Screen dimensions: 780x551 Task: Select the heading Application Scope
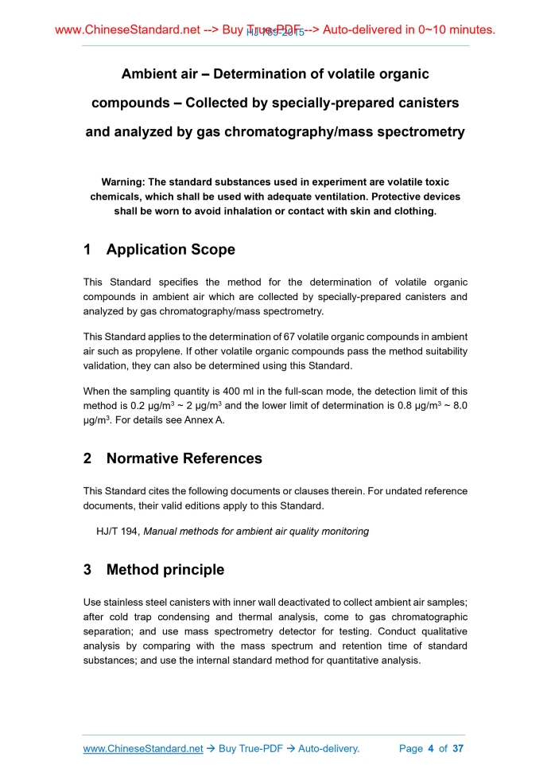click(x=170, y=249)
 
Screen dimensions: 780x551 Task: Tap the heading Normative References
click(x=184, y=458)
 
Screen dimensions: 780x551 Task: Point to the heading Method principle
click(x=165, y=570)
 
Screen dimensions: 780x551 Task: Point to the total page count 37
click(x=457, y=749)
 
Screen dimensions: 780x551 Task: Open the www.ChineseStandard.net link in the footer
click(x=143, y=749)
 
